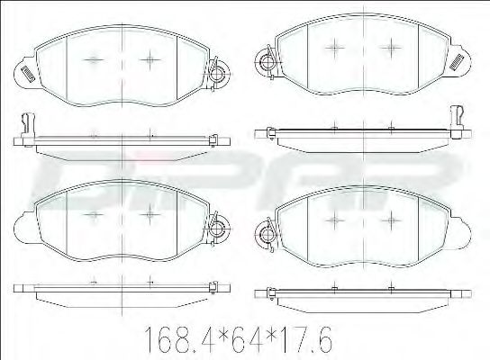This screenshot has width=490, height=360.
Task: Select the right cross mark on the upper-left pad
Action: click(149, 59)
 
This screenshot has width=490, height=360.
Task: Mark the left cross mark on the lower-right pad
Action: click(335, 220)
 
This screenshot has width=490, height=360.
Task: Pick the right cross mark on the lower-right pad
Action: click(389, 220)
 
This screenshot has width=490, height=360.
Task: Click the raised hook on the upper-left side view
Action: click(25, 122)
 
